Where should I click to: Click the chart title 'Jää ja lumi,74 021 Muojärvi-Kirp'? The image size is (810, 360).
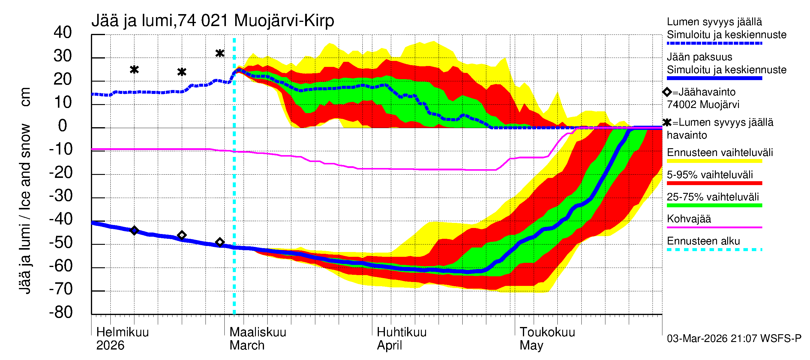coord(213,21)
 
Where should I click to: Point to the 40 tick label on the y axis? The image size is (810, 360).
coord(63,32)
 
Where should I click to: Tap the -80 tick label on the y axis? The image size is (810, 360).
coord(61,313)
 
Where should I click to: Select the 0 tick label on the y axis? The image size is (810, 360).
coord(63,126)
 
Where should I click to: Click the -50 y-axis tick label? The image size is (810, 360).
coord(61,243)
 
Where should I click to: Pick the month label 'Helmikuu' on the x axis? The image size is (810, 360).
coord(122,332)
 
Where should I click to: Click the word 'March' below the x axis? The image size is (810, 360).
coord(247,346)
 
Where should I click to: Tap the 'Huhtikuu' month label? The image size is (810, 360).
coord(401,332)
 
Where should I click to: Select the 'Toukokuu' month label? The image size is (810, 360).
coord(547,332)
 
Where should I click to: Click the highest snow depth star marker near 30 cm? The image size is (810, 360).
coord(220,53)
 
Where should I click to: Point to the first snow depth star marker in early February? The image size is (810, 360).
coord(134,70)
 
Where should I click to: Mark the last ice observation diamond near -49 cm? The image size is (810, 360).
coord(220,242)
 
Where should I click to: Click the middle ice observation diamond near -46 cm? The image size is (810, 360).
coord(182,235)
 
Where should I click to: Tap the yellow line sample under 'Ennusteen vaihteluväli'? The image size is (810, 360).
coord(714,161)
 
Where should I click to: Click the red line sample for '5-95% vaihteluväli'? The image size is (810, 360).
coord(714,183)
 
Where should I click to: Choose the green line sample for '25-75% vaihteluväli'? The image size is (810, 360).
coord(714,205)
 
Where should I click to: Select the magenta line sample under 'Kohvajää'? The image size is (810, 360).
coord(714,227)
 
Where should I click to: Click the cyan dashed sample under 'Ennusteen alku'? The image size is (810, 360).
coord(714,250)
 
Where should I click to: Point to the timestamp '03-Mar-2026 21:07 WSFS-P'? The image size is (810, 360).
coord(734,339)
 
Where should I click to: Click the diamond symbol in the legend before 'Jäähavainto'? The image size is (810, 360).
coord(667,92)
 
